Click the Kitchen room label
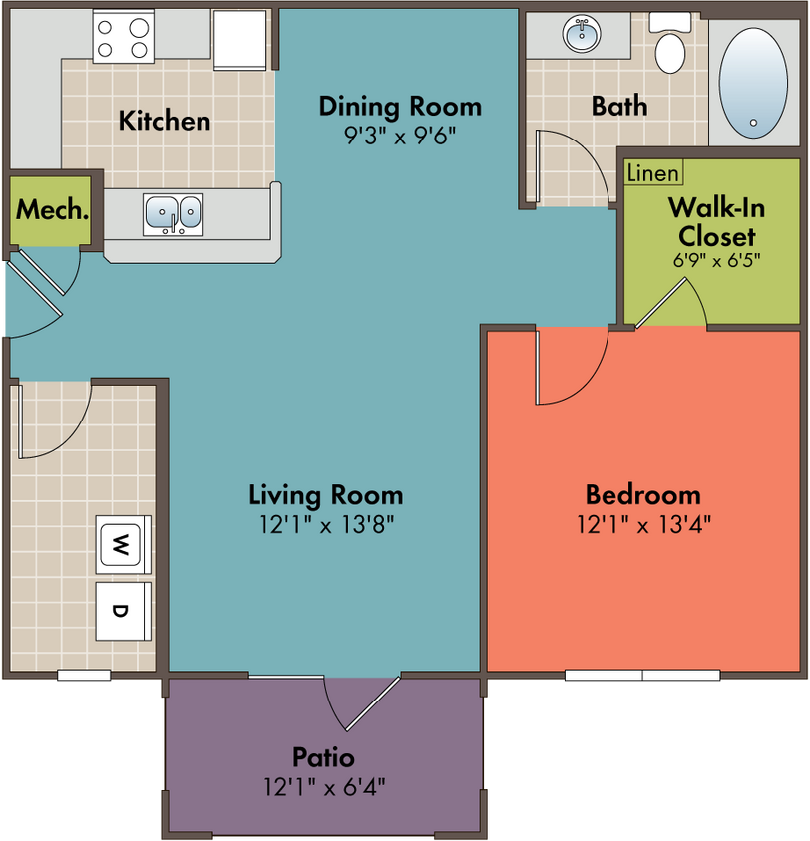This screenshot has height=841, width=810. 165,121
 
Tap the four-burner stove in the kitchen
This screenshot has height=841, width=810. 123,37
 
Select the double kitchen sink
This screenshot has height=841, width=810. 173,214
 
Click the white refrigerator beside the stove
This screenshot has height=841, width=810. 239,40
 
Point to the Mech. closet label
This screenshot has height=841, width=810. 52,209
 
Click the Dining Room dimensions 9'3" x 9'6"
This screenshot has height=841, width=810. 400,137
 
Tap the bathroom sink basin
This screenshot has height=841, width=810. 582,34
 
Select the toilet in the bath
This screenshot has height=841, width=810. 670,44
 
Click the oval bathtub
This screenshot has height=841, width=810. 753,83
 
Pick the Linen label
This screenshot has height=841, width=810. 653,173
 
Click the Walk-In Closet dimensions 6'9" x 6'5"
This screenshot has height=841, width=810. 717,261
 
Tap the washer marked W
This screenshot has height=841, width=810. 123,545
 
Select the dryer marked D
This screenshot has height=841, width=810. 123,612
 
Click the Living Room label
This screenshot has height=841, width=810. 326,494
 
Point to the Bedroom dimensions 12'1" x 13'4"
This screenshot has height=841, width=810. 643,524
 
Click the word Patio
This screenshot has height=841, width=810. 323,757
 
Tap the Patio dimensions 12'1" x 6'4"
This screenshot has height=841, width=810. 324,787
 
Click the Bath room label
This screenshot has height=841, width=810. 619,106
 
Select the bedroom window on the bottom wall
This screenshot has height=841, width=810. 642,675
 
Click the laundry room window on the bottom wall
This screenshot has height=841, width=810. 84,675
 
